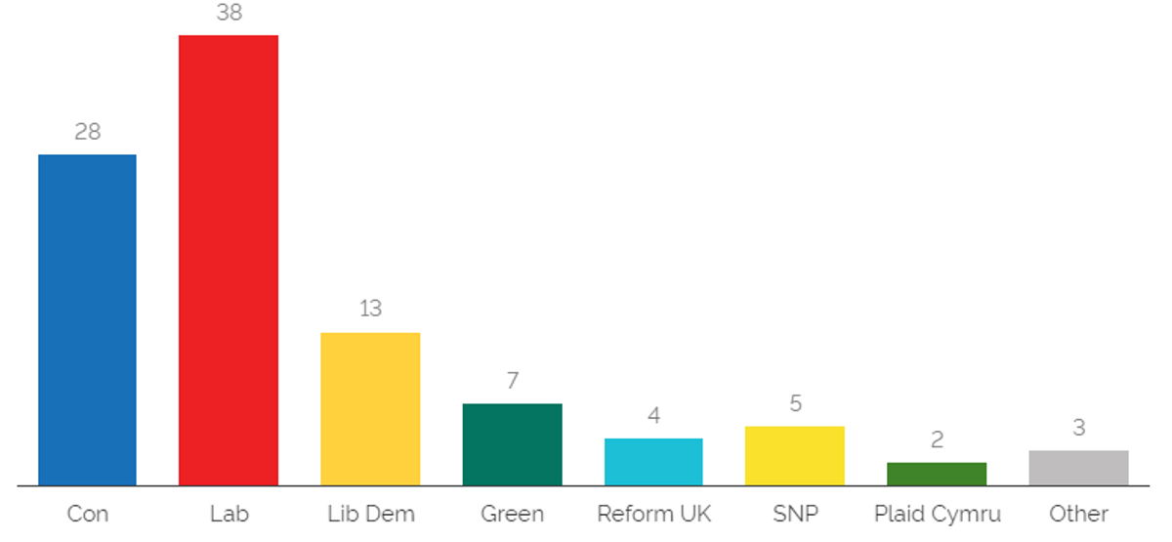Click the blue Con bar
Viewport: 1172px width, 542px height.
[x=87, y=319]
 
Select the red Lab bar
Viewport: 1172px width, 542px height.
[x=229, y=260]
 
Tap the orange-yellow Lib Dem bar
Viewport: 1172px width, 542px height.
[x=370, y=408]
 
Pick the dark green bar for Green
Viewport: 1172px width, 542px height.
[x=512, y=444]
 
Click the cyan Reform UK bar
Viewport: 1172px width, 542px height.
[x=653, y=462]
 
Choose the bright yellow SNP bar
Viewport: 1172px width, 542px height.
[x=795, y=456]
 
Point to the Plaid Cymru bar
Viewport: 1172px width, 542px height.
[x=937, y=474]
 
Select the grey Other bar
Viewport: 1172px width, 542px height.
[x=1078, y=468]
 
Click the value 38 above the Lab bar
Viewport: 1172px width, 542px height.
[x=230, y=12]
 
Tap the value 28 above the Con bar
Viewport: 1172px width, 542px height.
[x=87, y=131]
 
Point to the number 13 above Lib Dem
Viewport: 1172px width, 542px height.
[x=370, y=309]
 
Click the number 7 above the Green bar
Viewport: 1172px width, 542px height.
[x=512, y=380]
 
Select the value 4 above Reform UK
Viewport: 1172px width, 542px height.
[x=653, y=415]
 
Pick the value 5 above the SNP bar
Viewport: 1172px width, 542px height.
[x=795, y=403]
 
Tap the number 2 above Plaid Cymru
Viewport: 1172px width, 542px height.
[x=937, y=439]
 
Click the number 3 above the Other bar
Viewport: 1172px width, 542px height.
[x=1078, y=428]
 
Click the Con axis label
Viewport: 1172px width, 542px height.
[x=87, y=514]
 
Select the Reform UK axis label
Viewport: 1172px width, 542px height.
[x=653, y=514]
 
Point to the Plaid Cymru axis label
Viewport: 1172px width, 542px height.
[x=937, y=515]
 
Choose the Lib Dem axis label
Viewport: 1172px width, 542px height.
[x=371, y=514]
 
